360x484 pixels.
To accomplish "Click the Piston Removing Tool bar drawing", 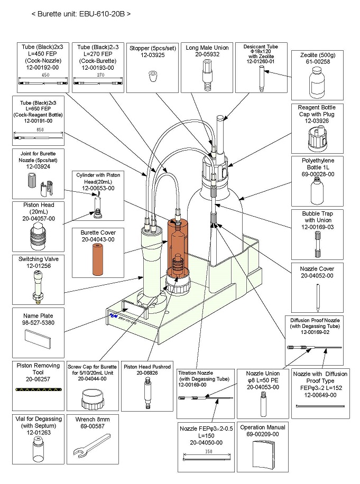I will (39, 390).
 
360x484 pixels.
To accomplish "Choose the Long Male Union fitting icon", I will (207, 73).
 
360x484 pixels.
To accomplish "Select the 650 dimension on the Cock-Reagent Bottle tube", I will (39, 130).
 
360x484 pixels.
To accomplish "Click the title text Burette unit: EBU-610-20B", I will (81, 13).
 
